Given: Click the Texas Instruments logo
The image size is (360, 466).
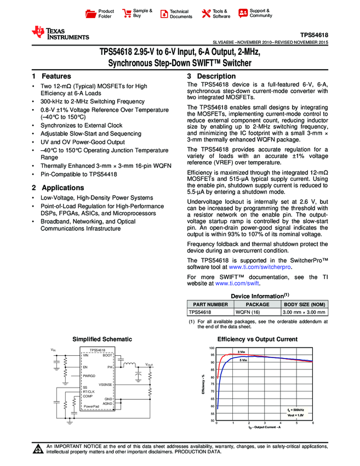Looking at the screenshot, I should pyautogui.click(x=60, y=33).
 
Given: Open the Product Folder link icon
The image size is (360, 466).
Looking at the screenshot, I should pyautogui.click(x=92, y=13).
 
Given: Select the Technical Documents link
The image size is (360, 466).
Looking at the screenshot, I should pyautogui.click(x=180, y=14).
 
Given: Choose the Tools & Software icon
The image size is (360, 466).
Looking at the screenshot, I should pyautogui.click(x=206, y=13).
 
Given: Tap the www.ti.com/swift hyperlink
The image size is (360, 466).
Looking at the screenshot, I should pyautogui.click(x=237, y=283).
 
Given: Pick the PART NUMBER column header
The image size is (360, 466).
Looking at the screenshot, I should pyautogui.click(x=208, y=304).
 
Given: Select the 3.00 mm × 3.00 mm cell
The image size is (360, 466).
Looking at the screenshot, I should pyautogui.click(x=304, y=311).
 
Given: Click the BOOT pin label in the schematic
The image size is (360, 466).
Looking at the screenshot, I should pyautogui.click(x=107, y=356).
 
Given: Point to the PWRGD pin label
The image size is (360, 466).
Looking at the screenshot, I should pyautogui.click(x=89, y=376).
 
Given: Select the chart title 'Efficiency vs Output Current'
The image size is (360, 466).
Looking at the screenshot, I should pyautogui.click(x=258, y=339).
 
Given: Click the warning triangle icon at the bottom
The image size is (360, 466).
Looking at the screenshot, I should pyautogui.click(x=38, y=450).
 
